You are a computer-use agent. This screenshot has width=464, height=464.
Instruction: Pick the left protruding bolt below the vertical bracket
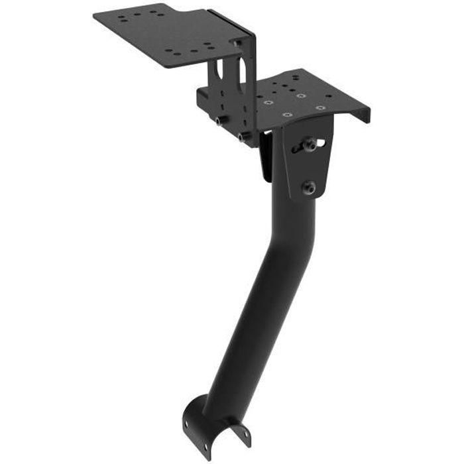(218, 121)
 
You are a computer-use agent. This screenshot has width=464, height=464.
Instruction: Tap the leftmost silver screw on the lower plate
(268, 103)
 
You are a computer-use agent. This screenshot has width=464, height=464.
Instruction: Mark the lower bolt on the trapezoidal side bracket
(309, 188)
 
